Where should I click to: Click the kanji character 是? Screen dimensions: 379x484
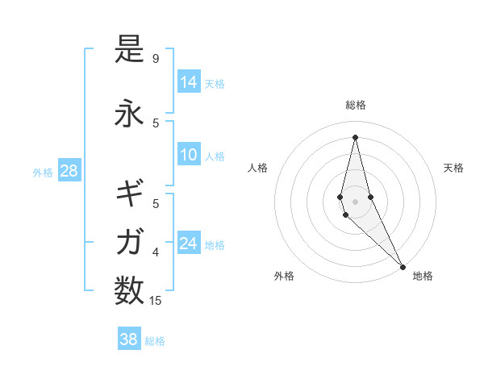(x=129, y=51)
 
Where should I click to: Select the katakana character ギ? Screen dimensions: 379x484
(x=129, y=193)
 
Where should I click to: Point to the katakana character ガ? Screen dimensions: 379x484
(x=129, y=241)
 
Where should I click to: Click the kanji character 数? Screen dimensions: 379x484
(x=129, y=289)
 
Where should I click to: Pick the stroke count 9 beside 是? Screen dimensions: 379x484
(x=156, y=59)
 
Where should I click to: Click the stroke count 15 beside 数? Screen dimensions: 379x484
(x=156, y=301)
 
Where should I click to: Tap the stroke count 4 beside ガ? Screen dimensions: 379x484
(x=156, y=252)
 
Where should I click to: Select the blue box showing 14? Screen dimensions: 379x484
(x=189, y=82)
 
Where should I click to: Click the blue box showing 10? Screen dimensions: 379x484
(x=189, y=155)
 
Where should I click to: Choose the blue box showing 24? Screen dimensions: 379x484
(x=189, y=244)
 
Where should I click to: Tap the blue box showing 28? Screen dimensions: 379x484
(x=68, y=171)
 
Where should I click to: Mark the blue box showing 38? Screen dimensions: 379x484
(x=128, y=339)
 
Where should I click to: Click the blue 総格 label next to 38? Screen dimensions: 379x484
(x=155, y=341)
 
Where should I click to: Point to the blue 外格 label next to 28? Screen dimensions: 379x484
(x=43, y=173)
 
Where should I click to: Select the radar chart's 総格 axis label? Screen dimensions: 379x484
(x=355, y=105)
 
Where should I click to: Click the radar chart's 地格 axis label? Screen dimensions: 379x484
(x=423, y=276)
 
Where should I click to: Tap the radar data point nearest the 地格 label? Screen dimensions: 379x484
(x=403, y=265)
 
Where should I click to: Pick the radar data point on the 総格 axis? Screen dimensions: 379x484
(x=355, y=136)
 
